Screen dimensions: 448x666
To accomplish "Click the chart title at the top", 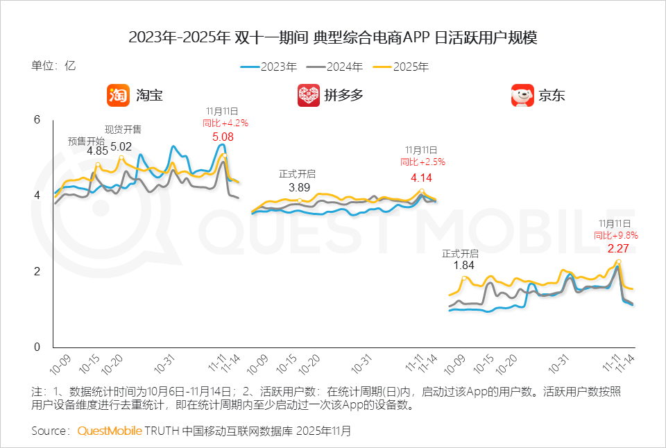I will (333, 37).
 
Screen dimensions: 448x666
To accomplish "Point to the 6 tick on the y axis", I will (37, 120).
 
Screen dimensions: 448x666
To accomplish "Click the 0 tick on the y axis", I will (37, 347).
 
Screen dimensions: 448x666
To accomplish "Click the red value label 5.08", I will (223, 137).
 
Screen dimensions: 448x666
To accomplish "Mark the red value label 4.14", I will (422, 177).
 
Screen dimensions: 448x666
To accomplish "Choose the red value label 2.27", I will (619, 248).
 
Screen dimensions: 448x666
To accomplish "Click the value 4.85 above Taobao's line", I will (97, 151).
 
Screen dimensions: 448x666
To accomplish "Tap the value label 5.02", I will (121, 146).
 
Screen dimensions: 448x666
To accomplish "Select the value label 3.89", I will (299, 187).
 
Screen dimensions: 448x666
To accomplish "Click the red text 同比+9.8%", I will (616, 235).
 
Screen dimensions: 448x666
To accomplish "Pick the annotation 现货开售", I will (123, 129).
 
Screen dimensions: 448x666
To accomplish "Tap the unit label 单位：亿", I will (53, 67).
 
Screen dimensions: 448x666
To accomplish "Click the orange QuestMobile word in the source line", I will (110, 431).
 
